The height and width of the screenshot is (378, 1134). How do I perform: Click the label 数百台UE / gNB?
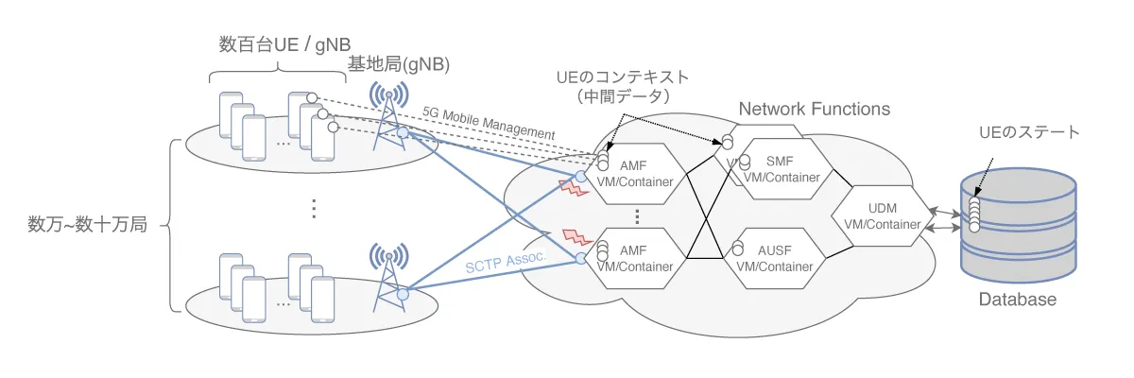tap(275, 44)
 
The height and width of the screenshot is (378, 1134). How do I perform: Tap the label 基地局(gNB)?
tap(398, 66)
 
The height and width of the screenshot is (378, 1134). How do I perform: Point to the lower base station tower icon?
tap(392, 274)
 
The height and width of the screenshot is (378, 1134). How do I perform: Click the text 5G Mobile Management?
tap(489, 121)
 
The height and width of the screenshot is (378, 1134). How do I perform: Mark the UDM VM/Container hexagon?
tap(880, 216)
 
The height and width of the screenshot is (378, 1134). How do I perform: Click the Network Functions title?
tap(814, 110)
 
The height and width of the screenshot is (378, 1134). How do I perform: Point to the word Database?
tap(1017, 300)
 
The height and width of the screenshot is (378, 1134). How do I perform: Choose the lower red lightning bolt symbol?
tap(576, 236)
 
